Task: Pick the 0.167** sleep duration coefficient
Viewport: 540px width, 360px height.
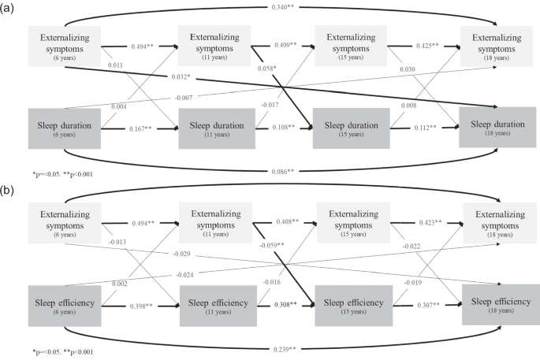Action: [140, 128]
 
